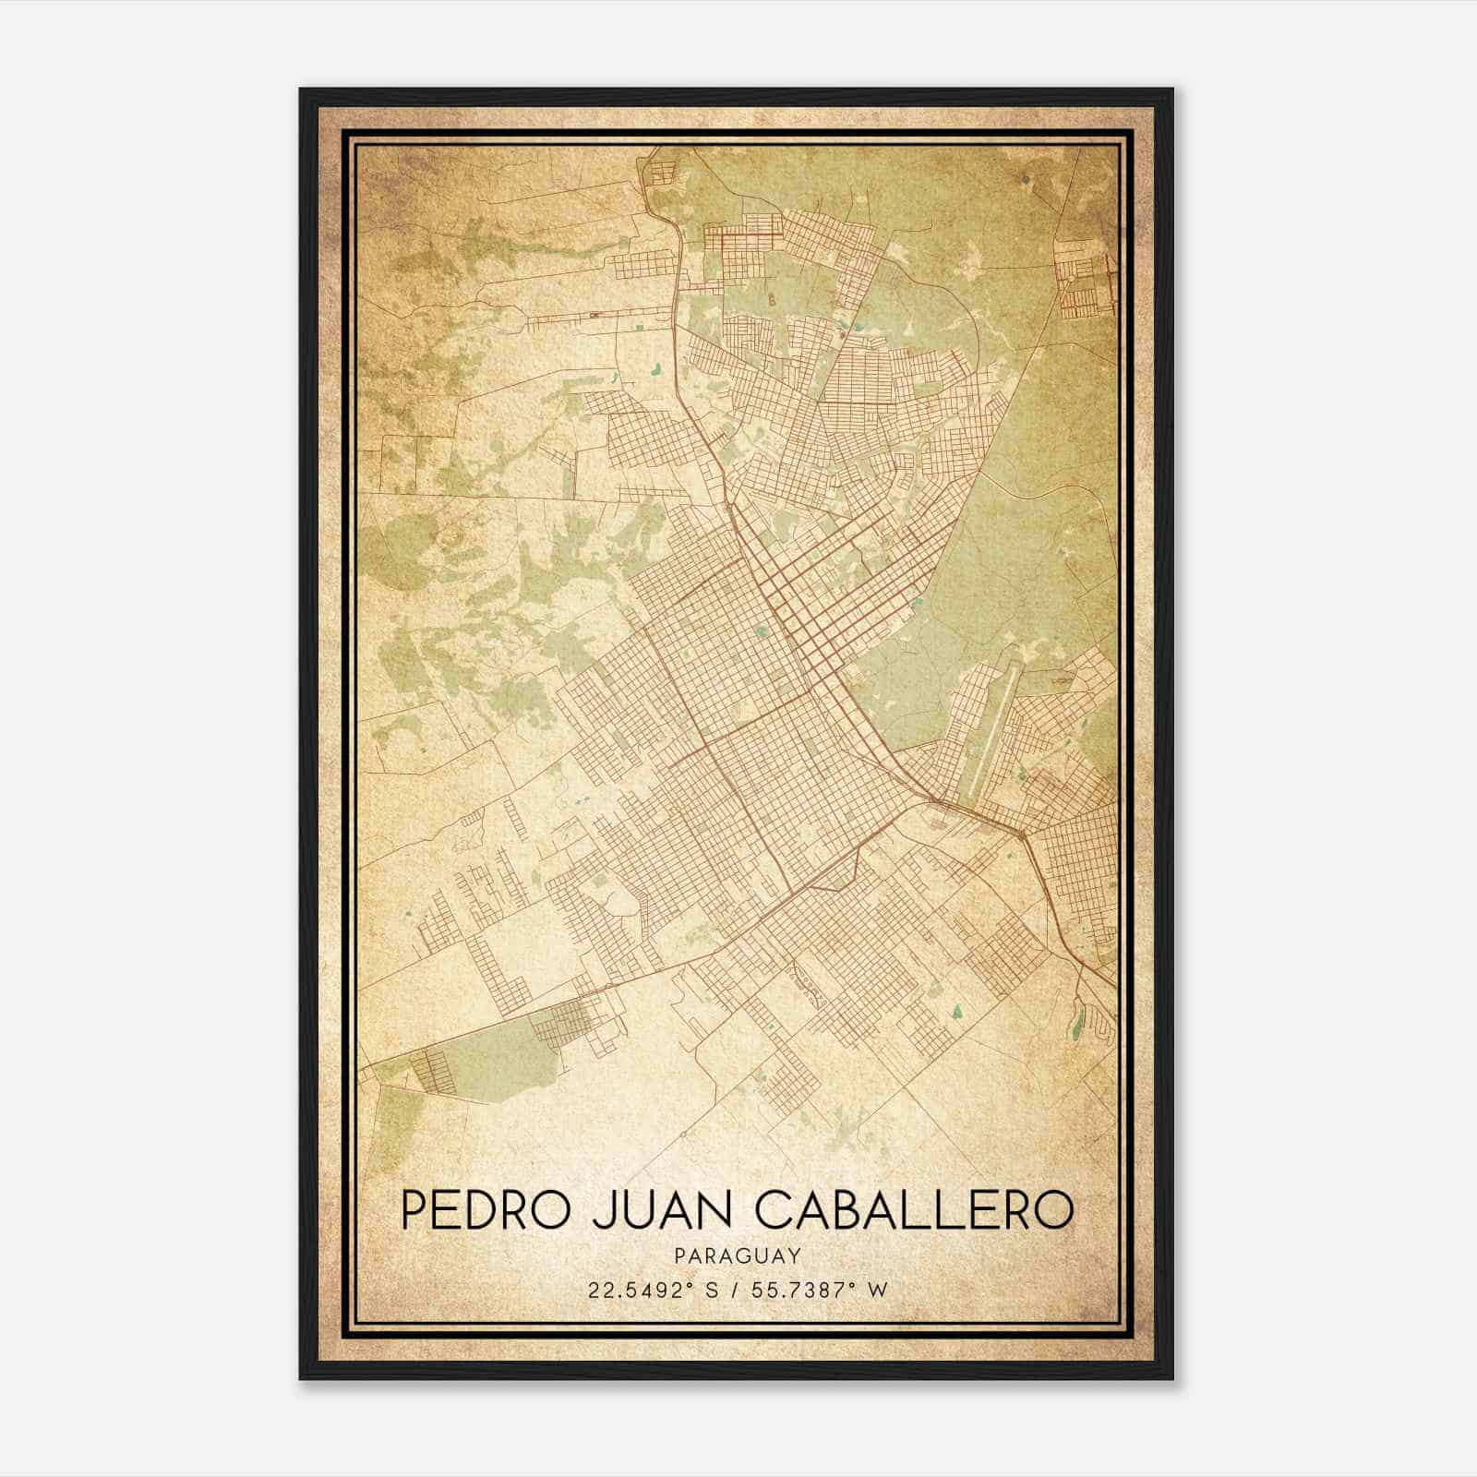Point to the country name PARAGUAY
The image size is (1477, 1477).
point(737,1255)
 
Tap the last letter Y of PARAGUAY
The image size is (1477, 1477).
point(794,1255)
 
